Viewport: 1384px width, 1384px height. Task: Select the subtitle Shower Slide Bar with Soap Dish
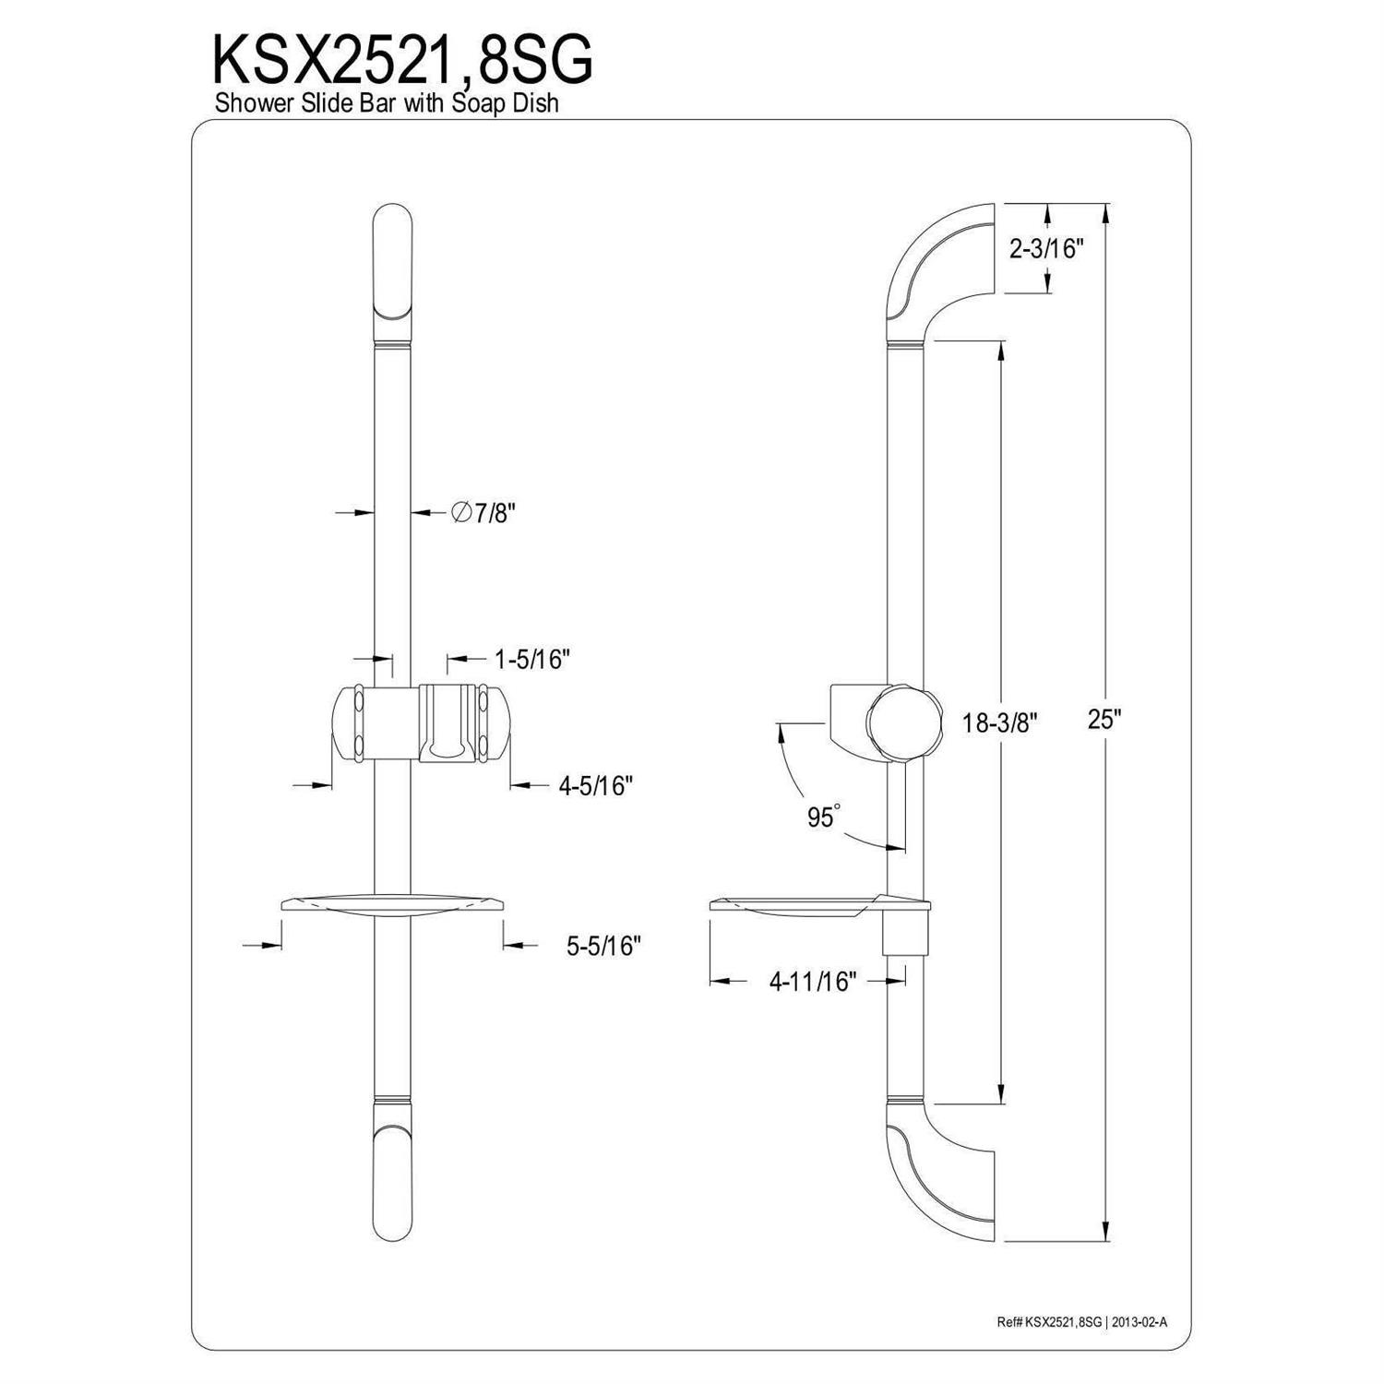coord(387,103)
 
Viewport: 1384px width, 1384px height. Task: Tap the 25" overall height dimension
coord(1102,720)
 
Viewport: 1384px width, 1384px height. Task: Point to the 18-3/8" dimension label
coord(1000,723)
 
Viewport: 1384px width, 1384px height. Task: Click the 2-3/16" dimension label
coord(1045,248)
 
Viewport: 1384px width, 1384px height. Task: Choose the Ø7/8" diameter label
coord(482,513)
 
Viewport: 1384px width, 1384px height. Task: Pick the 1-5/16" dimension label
coord(533,660)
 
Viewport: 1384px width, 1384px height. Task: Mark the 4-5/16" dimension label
coord(595,785)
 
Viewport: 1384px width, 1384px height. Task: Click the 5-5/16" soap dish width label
coord(603,946)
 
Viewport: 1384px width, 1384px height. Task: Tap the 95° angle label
coord(824,817)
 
